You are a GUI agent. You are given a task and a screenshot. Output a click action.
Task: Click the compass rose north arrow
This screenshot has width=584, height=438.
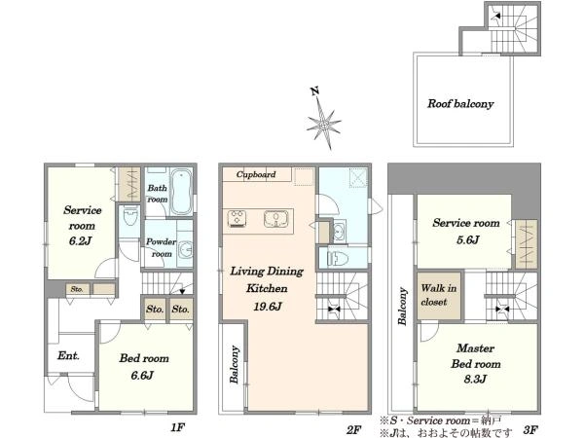click(x=323, y=119)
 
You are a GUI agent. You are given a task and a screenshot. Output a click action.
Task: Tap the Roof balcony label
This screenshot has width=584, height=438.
click(x=460, y=103)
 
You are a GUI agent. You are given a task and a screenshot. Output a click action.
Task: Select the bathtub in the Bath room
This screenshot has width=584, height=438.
click(x=181, y=192)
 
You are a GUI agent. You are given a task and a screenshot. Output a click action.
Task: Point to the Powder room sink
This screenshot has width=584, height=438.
click(x=186, y=249)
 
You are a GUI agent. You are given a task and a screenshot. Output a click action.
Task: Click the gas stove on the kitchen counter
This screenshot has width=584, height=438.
click(x=237, y=219)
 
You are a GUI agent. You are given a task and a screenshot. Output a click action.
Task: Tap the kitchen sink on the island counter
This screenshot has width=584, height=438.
click(x=276, y=219)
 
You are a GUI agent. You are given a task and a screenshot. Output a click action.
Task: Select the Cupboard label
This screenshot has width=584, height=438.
click(x=256, y=174)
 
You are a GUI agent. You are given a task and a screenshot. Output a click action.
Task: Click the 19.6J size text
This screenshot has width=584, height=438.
click(x=268, y=307)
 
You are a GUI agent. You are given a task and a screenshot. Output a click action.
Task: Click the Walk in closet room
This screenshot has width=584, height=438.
click(x=439, y=295)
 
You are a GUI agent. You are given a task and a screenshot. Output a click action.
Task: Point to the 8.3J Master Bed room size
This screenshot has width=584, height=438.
click(x=475, y=380)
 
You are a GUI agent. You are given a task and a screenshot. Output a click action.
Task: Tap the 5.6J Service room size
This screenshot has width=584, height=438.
click(x=468, y=239)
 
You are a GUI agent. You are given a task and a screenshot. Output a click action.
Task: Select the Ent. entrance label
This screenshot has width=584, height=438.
click(x=68, y=355)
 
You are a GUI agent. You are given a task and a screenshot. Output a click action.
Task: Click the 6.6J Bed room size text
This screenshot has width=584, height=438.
click(x=142, y=375)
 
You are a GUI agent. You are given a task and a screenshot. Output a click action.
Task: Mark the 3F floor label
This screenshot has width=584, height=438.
click(x=530, y=430)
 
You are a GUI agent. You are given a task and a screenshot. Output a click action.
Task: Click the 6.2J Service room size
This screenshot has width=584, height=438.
click(x=80, y=241)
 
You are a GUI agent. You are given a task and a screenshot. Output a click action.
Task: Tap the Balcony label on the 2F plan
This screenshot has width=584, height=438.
click(x=234, y=365)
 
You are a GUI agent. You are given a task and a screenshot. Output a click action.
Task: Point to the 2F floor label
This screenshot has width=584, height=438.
click(x=353, y=430)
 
